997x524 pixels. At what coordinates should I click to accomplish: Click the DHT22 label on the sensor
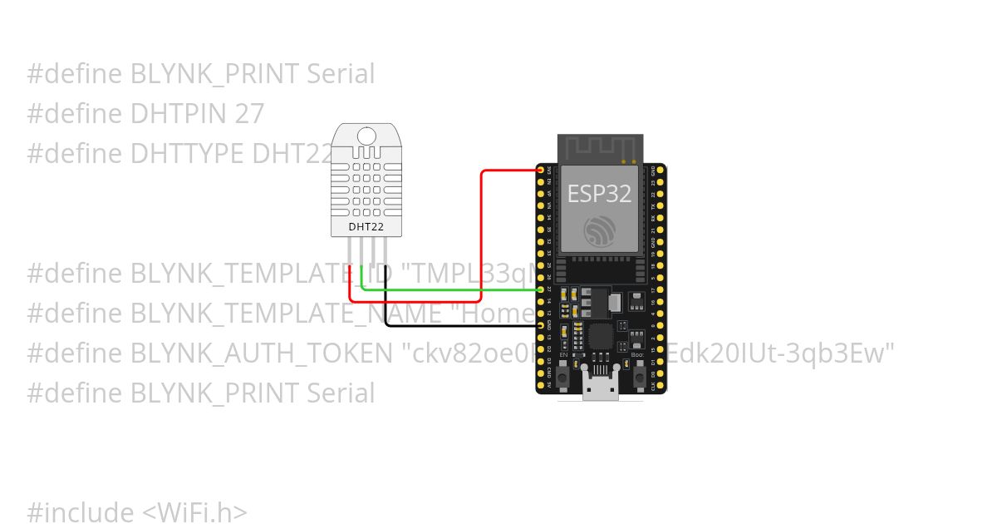pos(366,225)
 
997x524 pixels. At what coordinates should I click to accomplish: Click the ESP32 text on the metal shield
pos(599,194)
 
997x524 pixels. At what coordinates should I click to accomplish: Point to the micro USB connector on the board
pos(599,390)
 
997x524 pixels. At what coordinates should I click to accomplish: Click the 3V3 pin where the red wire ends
pos(541,171)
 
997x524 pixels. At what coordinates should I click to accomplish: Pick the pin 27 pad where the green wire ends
pos(541,289)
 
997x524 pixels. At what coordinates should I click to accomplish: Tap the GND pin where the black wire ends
pos(541,326)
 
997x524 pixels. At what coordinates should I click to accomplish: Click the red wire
pos(482,241)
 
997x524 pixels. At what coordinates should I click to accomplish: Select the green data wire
pos(449,289)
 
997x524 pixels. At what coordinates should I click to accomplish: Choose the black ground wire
pos(457,326)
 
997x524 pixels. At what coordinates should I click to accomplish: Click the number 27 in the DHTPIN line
pos(249,114)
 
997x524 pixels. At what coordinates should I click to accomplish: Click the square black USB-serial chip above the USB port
pos(598,337)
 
